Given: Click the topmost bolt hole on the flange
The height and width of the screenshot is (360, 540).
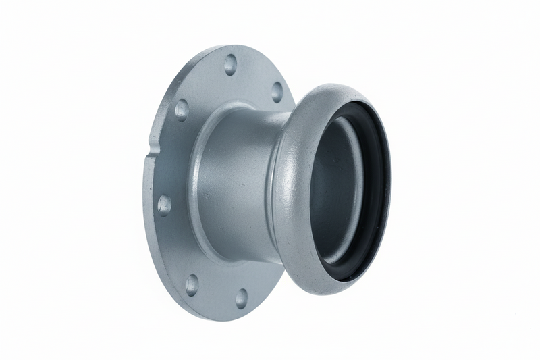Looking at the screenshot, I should click(230, 65).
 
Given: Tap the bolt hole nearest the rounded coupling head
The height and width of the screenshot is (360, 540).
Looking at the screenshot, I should click(277, 91).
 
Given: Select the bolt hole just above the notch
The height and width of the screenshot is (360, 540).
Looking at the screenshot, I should click(182, 109).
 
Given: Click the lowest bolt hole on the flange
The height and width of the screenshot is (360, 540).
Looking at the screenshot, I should click(241, 298).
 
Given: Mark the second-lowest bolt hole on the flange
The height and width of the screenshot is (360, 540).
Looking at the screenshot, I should click(192, 284).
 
